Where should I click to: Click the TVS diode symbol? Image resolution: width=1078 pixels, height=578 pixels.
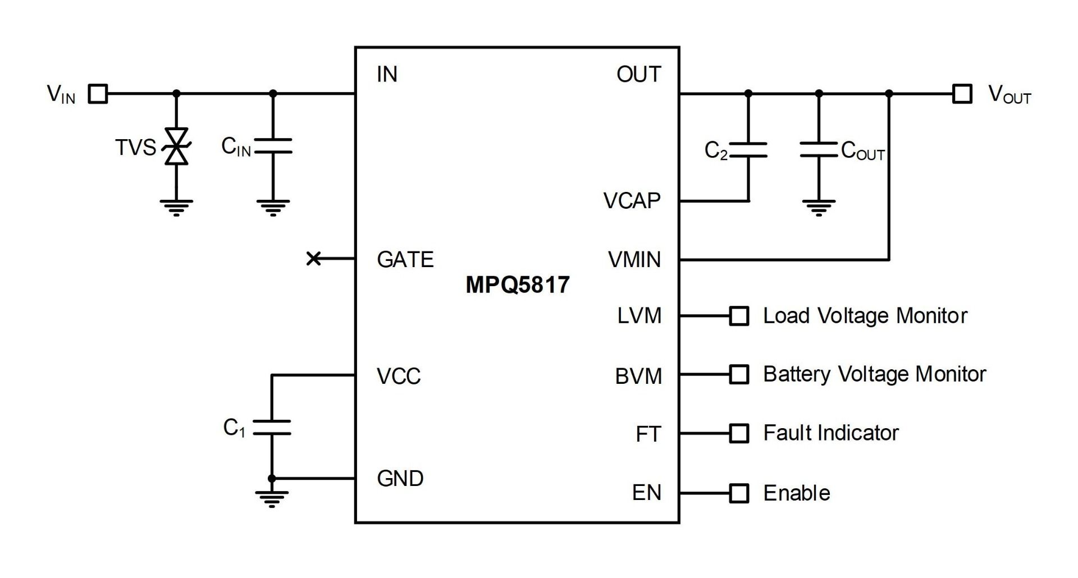[x=176, y=146]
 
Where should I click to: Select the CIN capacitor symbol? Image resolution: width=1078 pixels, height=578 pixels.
[x=273, y=146]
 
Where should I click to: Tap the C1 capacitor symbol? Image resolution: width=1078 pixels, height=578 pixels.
[x=272, y=428]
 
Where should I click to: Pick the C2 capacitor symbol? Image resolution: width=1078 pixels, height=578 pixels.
[x=748, y=150]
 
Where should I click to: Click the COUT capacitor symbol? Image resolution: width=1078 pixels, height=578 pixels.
[x=819, y=149]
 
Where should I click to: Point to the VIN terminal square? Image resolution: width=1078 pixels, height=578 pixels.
[x=99, y=94]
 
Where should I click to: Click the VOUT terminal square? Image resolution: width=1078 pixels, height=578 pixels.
[x=962, y=94]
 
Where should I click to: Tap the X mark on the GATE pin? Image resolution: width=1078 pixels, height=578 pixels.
[x=313, y=259]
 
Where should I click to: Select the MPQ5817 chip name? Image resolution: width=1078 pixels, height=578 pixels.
[x=517, y=285]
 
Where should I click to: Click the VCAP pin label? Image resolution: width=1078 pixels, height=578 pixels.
[x=632, y=201]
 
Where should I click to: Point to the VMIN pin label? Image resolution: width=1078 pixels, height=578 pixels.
[x=634, y=260]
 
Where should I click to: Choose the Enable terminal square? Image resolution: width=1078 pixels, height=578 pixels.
[x=739, y=493]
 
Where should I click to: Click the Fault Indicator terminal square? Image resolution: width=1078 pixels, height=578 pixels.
[x=739, y=433]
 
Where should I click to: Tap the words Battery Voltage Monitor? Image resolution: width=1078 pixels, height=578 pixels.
[x=874, y=374]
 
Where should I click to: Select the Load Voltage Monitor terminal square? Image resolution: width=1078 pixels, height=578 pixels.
[x=739, y=316]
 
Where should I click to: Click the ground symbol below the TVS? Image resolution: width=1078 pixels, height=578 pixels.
[x=176, y=208]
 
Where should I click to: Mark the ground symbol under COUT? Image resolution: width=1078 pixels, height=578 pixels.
[x=819, y=208]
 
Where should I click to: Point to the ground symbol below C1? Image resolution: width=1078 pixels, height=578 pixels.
[x=272, y=498]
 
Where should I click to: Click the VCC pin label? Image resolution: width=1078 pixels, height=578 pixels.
[x=399, y=376]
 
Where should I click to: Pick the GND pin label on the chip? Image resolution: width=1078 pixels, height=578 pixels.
[x=400, y=479]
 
